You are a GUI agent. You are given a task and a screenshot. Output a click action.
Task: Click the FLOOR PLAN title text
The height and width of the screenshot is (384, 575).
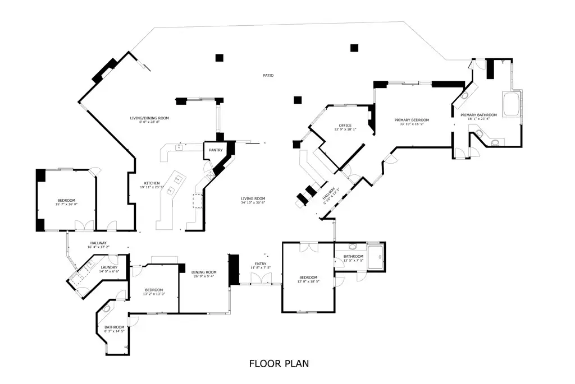pos(279,364)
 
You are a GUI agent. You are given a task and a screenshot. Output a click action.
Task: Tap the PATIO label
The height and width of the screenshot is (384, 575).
pos(268,75)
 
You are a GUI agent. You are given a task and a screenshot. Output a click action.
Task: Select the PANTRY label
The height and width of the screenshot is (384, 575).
pos(216,150)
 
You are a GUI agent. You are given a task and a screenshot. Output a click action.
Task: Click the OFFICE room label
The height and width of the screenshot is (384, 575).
pos(345,125)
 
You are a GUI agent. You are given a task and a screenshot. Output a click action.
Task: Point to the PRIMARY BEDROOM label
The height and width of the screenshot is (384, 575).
pos(412,120)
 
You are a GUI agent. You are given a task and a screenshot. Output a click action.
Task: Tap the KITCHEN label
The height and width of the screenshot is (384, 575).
pos(152,183)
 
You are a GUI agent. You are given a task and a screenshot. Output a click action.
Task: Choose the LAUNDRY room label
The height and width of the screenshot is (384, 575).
pos(109,267)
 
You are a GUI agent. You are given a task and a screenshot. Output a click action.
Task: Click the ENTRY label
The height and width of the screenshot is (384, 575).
pos(261,263)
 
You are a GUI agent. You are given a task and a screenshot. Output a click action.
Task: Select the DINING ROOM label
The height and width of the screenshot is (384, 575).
pos(203,272)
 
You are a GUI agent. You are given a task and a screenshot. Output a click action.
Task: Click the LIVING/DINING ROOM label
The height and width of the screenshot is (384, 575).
pos(149,118)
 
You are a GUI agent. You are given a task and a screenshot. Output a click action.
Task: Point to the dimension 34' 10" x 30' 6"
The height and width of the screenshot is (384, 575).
pos(253,202)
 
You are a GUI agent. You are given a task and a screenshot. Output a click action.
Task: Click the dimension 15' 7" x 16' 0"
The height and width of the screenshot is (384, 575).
pos(66,205)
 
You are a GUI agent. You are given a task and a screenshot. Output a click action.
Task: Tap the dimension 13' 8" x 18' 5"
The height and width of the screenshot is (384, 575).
pos(308,282)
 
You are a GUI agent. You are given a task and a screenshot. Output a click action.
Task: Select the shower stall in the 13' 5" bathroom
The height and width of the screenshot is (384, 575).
pos(376,257)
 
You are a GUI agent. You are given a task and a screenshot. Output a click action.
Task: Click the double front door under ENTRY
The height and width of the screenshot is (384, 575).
pos(259,284)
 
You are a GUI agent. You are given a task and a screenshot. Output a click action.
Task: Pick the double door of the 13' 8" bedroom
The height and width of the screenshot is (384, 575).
pos(308,247)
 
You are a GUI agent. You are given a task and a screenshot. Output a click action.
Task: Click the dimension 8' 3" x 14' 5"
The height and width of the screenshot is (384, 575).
pos(114,331)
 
